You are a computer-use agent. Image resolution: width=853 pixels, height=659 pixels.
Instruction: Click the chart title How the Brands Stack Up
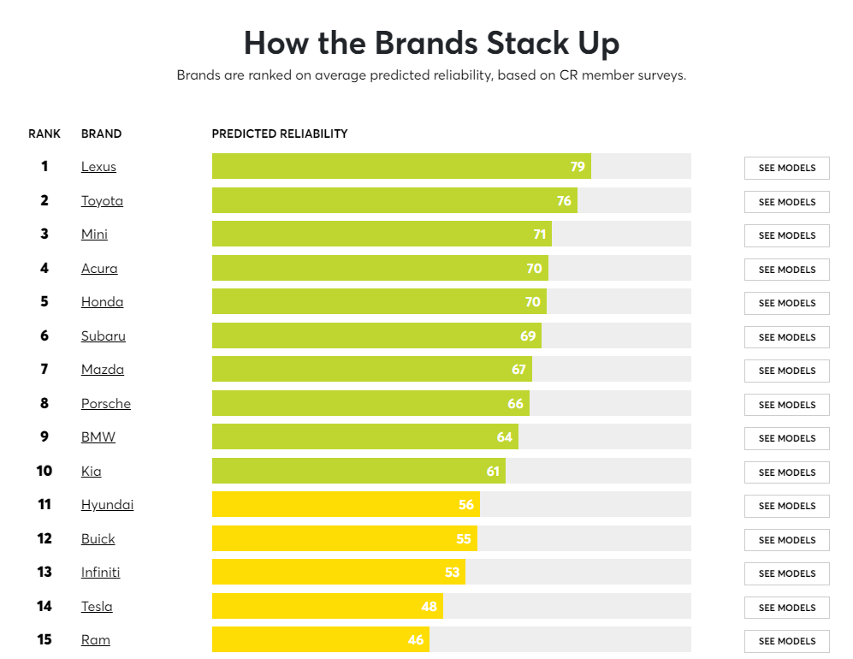tap(431, 43)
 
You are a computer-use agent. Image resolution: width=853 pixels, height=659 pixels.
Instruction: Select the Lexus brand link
tap(98, 167)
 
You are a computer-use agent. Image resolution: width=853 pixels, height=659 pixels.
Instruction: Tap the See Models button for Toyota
tap(786, 202)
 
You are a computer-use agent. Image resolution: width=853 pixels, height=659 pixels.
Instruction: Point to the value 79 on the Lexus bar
tap(578, 167)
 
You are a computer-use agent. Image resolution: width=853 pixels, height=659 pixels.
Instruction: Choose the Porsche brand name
tap(105, 404)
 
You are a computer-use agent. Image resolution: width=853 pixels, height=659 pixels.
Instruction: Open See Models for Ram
tap(786, 641)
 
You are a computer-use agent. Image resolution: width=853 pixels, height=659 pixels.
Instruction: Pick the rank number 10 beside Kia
tap(44, 471)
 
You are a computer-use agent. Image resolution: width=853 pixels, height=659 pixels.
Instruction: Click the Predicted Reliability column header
tap(280, 134)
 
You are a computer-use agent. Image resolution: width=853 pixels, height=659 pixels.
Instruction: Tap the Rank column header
tap(44, 134)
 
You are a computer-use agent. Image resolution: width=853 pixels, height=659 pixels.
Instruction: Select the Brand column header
tap(101, 134)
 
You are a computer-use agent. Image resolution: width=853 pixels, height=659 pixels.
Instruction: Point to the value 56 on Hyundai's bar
tap(465, 505)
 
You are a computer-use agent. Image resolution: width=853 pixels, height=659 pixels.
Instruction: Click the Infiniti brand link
tap(100, 573)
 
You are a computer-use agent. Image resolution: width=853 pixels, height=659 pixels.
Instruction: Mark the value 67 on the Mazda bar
tap(518, 370)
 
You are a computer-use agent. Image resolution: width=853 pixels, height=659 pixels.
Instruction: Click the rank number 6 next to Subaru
tap(44, 335)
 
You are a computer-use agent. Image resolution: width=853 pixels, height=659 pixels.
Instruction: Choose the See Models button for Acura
tap(786, 270)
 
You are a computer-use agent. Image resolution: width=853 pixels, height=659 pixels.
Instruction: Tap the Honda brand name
tap(102, 302)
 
